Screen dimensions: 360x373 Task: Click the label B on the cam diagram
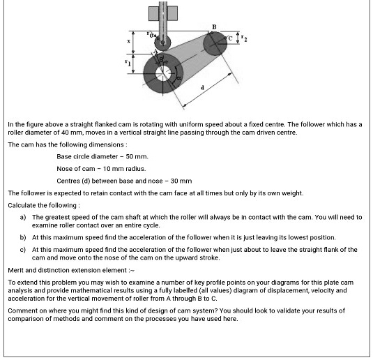point(214,27)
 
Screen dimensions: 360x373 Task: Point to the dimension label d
point(203,87)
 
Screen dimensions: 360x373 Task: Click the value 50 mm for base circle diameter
point(139,157)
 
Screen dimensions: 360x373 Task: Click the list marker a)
point(23,217)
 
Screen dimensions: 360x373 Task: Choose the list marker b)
point(23,238)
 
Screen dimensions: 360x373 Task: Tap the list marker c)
point(23,249)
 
